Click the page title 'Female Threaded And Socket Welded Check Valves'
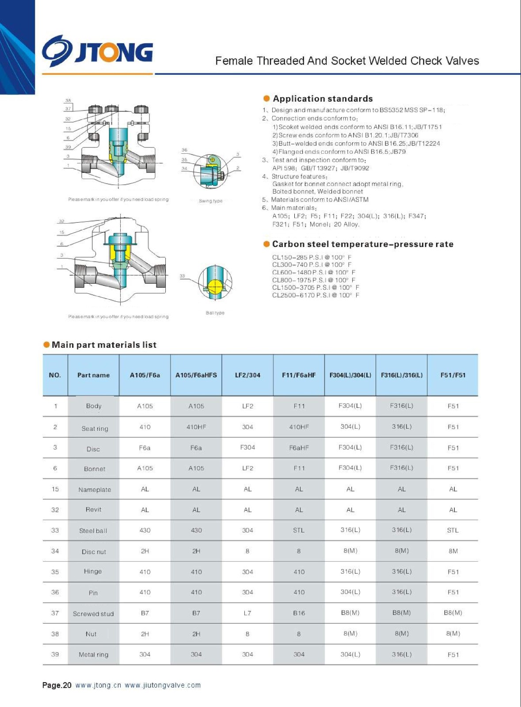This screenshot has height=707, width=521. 347,61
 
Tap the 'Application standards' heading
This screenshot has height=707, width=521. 323,99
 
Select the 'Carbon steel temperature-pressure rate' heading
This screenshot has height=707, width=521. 362,244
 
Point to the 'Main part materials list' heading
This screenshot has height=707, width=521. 104,345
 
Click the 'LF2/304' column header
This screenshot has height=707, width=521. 247,375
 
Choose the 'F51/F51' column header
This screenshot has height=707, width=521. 453,375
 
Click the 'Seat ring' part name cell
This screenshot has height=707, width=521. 95,428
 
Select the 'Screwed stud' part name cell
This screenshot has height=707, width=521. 93,613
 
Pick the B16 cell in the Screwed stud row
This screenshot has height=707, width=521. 299,613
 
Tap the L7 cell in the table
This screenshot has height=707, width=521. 247,613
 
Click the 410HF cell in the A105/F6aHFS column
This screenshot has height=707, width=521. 196,427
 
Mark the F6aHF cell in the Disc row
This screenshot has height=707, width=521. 299,448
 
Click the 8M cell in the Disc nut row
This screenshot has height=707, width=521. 453,551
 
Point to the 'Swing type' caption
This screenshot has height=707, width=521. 211,201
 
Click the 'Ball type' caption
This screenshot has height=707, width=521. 215,313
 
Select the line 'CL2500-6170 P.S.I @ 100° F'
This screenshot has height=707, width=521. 316,295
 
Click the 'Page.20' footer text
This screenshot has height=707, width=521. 57,685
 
